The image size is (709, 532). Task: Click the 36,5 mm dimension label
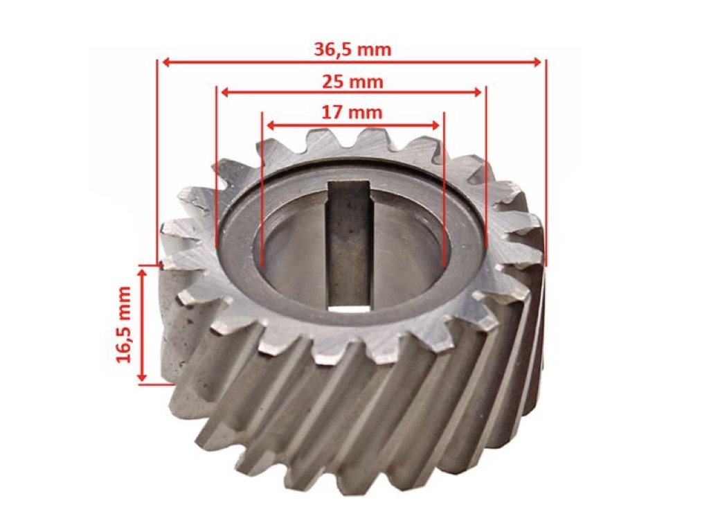pyautogui.click(x=352, y=49)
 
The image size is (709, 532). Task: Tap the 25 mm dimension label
pyautogui.click(x=352, y=82)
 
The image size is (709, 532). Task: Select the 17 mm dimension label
pyautogui.click(x=352, y=112)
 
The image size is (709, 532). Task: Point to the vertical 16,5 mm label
pyautogui.click(x=123, y=324)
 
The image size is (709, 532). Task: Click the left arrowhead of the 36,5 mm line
pyautogui.click(x=165, y=62)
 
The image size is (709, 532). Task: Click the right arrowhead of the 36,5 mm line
pyautogui.click(x=537, y=62)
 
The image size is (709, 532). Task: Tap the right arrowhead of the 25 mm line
pyautogui.click(x=478, y=93)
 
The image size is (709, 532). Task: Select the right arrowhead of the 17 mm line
pyautogui.click(x=436, y=125)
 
